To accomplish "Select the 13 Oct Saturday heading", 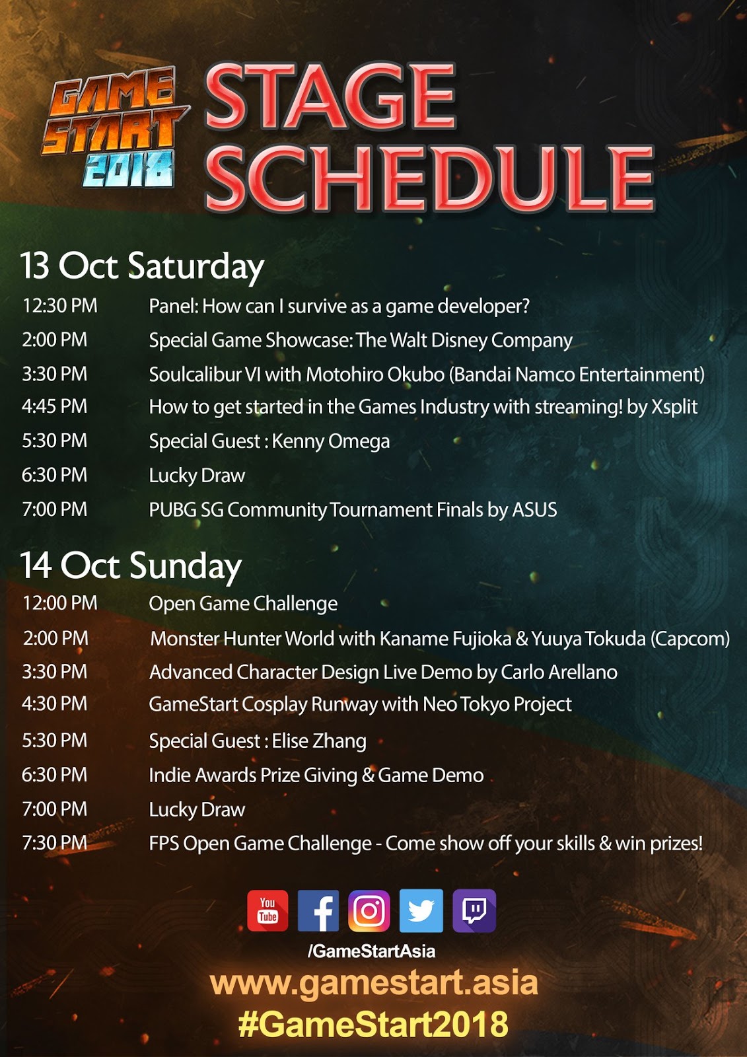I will click(x=141, y=266).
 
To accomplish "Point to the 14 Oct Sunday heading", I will click(x=131, y=566).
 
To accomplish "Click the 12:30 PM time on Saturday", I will click(x=59, y=306).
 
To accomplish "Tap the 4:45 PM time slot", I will click(x=54, y=406).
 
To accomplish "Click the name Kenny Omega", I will click(x=331, y=441).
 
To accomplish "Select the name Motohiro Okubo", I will click(x=375, y=375).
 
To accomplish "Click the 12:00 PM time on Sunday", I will click(x=59, y=603).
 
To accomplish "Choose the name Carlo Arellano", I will click(x=559, y=673).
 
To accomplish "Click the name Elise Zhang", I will click(x=319, y=741).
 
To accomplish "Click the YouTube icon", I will click(x=267, y=910).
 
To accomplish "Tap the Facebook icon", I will click(x=318, y=910).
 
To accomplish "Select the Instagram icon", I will click(x=369, y=910).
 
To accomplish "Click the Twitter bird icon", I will click(x=421, y=910).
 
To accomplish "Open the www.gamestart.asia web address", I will click(x=374, y=983).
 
